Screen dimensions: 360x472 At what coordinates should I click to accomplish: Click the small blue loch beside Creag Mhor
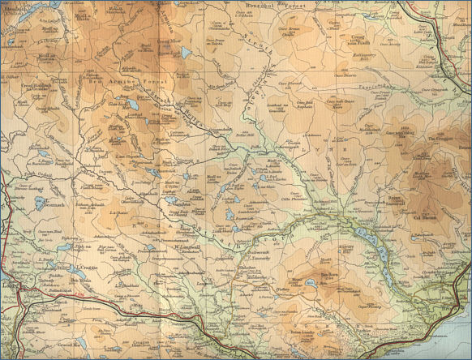click(187, 53)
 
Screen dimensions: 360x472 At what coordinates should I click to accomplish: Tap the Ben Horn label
click(331, 274)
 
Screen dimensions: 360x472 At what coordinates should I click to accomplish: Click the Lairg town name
click(8, 286)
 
